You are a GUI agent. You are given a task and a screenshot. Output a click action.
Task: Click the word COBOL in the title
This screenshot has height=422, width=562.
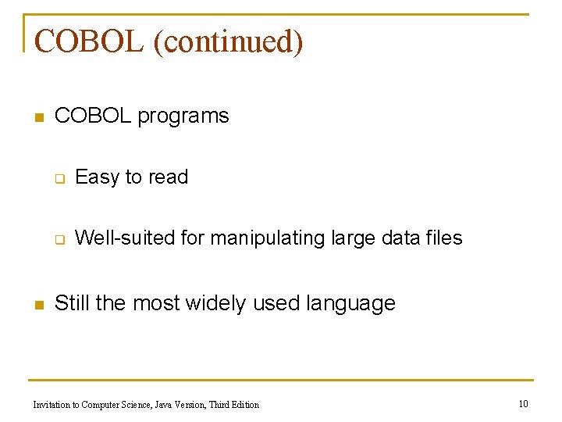(x=89, y=41)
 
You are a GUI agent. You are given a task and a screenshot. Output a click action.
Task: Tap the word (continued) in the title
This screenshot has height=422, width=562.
(x=228, y=41)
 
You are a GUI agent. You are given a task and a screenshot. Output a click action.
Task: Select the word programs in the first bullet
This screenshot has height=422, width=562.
(x=183, y=116)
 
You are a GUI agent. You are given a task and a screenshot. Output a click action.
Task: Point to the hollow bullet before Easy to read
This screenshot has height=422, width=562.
(x=58, y=179)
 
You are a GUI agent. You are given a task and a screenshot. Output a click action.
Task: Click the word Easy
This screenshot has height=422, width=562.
(x=97, y=177)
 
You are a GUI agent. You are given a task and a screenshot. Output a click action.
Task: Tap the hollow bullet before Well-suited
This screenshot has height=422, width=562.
(x=58, y=240)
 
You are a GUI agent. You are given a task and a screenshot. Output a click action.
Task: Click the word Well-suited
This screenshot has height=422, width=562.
(x=125, y=238)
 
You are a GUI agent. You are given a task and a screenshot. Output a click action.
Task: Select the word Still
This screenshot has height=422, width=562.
(x=73, y=303)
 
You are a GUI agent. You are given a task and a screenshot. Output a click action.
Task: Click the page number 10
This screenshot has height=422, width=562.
(x=523, y=403)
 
